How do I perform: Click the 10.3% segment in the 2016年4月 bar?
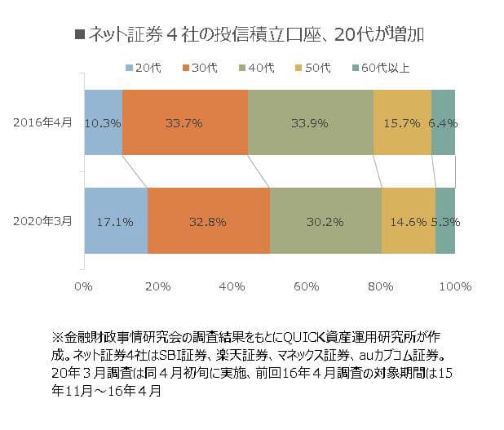tap(103, 122)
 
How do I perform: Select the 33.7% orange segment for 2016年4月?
tap(184, 122)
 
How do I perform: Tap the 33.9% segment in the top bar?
tap(310, 122)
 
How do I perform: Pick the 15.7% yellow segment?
tap(402, 122)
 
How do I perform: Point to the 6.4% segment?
tap(443, 122)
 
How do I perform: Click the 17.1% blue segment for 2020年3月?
tap(115, 221)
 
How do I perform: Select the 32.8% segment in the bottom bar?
tap(208, 221)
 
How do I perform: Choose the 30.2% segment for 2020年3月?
tap(325, 221)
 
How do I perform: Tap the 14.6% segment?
tap(408, 221)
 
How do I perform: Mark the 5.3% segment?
tap(445, 221)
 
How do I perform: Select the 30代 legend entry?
tap(200, 66)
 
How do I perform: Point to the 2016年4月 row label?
tap(42, 122)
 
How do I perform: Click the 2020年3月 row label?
tap(42, 221)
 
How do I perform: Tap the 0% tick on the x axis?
tap(83, 286)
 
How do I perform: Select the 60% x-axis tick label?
tap(306, 286)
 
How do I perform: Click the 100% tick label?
tap(455, 286)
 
